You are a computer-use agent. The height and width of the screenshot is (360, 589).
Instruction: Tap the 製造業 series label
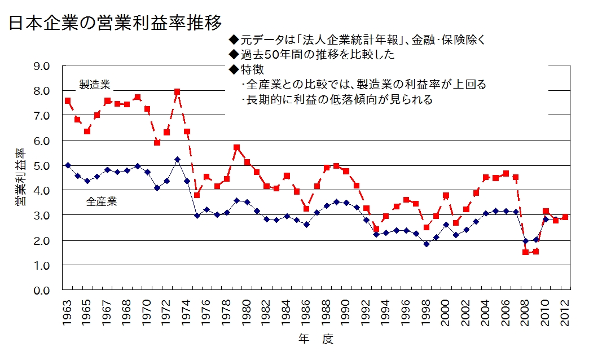tap(94, 85)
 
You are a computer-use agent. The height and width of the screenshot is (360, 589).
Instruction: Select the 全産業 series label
tap(102, 201)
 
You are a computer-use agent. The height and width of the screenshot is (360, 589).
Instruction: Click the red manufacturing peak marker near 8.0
tap(177, 91)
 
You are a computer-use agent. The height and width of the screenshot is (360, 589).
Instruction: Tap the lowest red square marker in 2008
tap(525, 252)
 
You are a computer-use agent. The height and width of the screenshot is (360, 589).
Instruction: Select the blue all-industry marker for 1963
tap(68, 165)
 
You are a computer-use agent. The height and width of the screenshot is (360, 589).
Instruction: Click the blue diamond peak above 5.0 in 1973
tap(177, 160)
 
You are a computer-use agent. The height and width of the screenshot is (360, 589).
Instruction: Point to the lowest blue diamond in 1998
tap(426, 244)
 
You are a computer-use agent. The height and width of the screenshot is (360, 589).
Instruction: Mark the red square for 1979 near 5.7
tap(237, 148)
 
